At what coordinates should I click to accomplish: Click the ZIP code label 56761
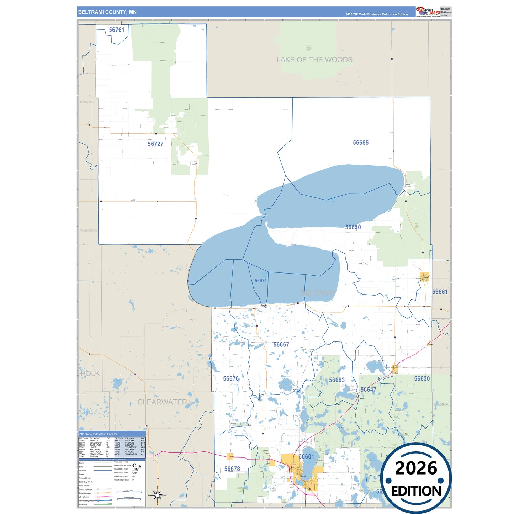pos(117,30)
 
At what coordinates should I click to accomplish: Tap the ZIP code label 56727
pos(155,144)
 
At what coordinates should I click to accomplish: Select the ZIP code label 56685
pos(361,143)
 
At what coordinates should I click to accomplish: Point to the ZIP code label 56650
pos(353,227)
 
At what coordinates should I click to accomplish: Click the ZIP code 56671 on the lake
pos(261,281)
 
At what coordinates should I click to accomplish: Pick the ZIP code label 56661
pos(440,292)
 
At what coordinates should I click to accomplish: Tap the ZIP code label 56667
pos(281,345)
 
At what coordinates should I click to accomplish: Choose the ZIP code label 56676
pos(231,379)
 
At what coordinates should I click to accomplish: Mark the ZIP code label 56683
pos(337,380)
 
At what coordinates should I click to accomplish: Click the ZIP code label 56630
pos(422,379)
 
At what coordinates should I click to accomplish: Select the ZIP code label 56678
pos(232,469)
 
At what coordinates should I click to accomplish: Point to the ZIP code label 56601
pos(306,457)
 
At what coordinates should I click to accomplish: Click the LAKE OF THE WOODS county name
pos(314,60)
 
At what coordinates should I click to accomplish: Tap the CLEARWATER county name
pos(162,402)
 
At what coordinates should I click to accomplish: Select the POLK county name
pos(90,374)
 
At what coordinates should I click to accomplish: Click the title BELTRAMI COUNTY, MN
pos(107,12)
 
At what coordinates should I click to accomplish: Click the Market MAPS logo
pos(428,11)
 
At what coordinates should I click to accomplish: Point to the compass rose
pos(158,495)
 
